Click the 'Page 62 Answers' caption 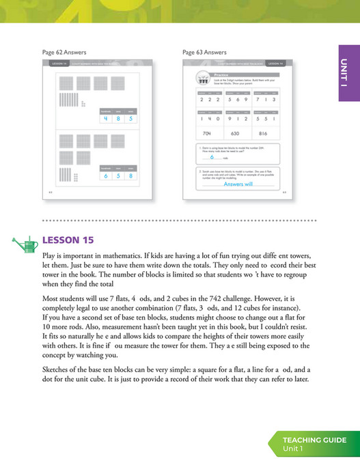pos(64,52)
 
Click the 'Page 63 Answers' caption pos(204,52)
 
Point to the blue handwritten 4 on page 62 pos(105,118)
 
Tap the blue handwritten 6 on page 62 pos(105,176)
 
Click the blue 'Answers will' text pos(238,184)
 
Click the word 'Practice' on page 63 pos(221,75)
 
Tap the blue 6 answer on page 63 pos(212,158)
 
